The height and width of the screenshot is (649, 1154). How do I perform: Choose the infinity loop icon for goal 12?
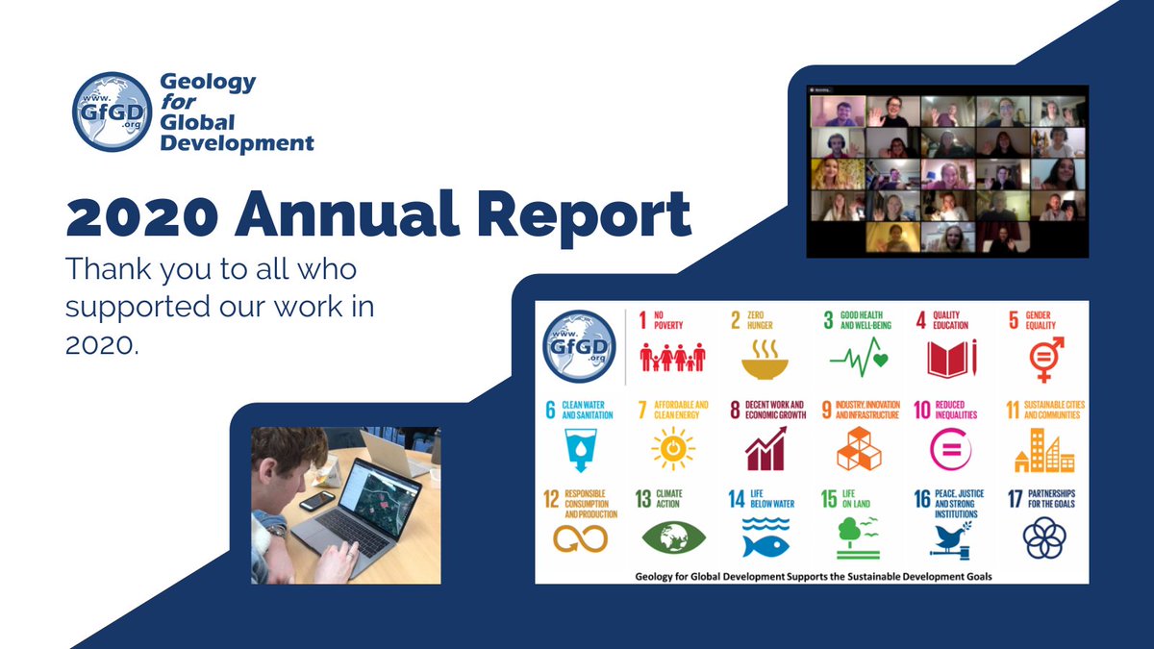click(578, 538)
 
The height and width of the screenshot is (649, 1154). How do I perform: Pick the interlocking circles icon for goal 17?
click(1043, 538)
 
